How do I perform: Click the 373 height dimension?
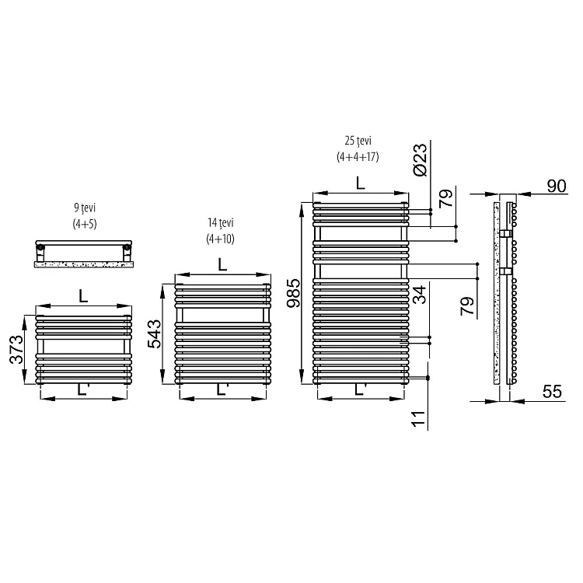pos(16,350)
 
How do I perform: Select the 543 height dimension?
pos(155,334)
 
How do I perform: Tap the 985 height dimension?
pos(293,293)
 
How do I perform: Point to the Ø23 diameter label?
pos(420,160)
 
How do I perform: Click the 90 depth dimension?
pos(557,186)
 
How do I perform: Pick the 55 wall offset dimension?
pos(552,392)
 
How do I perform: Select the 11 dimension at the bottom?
pos(419,419)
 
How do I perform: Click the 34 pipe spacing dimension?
pos(420,295)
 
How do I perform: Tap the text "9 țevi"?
pos(85,208)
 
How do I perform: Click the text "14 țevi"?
pos(221,223)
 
